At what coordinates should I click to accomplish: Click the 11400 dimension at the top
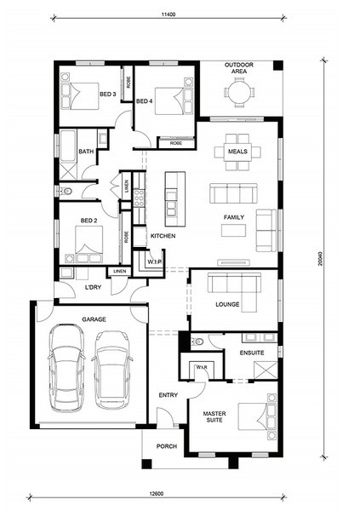tap(169, 14)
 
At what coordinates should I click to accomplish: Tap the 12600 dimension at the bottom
tap(157, 494)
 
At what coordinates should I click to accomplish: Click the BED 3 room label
tap(108, 95)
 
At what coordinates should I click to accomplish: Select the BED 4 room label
tap(145, 101)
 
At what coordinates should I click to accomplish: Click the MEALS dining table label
tap(237, 152)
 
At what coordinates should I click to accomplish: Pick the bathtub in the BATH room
tap(68, 146)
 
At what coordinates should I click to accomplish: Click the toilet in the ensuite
tap(197, 342)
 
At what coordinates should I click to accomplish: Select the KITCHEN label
tap(163, 236)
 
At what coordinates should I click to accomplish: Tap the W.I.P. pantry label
tap(154, 261)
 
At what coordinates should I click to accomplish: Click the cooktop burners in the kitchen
tap(139, 198)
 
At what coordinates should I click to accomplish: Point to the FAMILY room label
tap(234, 217)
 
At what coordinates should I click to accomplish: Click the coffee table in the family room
tap(233, 231)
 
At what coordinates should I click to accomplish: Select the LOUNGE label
tap(227, 304)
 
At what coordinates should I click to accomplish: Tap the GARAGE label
tap(94, 319)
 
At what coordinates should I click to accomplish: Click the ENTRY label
tap(169, 395)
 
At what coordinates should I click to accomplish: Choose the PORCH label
tap(167, 446)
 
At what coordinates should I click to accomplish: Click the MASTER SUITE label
tap(214, 416)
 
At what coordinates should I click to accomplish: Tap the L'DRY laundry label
tap(93, 288)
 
